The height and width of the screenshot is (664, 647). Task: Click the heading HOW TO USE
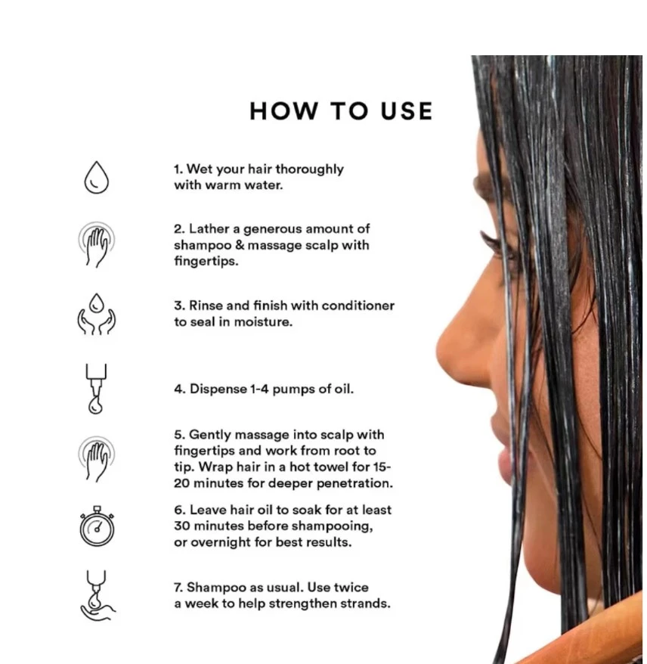click(341, 111)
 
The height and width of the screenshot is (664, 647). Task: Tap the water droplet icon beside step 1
click(97, 177)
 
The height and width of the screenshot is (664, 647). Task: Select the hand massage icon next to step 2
click(97, 244)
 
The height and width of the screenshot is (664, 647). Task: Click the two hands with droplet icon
click(97, 314)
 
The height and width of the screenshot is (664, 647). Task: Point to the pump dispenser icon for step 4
click(96, 388)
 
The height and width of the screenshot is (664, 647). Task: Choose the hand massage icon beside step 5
click(97, 459)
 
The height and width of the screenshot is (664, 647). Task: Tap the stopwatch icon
click(97, 526)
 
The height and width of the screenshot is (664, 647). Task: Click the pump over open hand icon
click(98, 595)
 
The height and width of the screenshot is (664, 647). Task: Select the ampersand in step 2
click(240, 245)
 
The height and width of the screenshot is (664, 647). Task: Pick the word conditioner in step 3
click(358, 306)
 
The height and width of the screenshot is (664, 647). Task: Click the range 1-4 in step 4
click(259, 389)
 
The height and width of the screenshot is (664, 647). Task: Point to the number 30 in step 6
click(181, 526)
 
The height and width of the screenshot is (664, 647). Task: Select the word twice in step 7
click(351, 588)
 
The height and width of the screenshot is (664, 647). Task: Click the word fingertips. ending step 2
click(206, 261)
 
